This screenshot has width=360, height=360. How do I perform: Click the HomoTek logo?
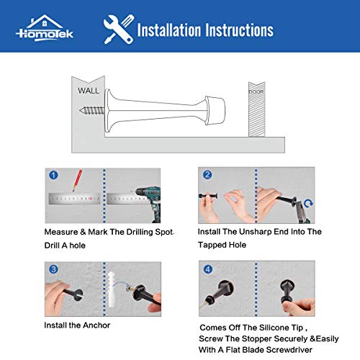45,28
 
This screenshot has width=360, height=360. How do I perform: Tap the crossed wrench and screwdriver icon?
119,30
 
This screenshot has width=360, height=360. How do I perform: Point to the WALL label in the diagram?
89,91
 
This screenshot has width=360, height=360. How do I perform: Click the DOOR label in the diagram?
256,91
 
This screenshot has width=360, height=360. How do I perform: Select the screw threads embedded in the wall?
92,110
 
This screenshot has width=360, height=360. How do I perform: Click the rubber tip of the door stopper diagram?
215,110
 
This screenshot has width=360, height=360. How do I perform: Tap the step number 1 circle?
53,175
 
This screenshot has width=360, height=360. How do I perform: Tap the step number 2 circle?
207,174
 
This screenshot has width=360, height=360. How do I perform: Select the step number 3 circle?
53,269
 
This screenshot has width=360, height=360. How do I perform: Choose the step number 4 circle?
208,269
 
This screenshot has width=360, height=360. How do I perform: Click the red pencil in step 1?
77,181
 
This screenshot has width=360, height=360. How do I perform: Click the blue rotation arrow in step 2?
308,204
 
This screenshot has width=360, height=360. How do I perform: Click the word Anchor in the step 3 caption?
96,325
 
